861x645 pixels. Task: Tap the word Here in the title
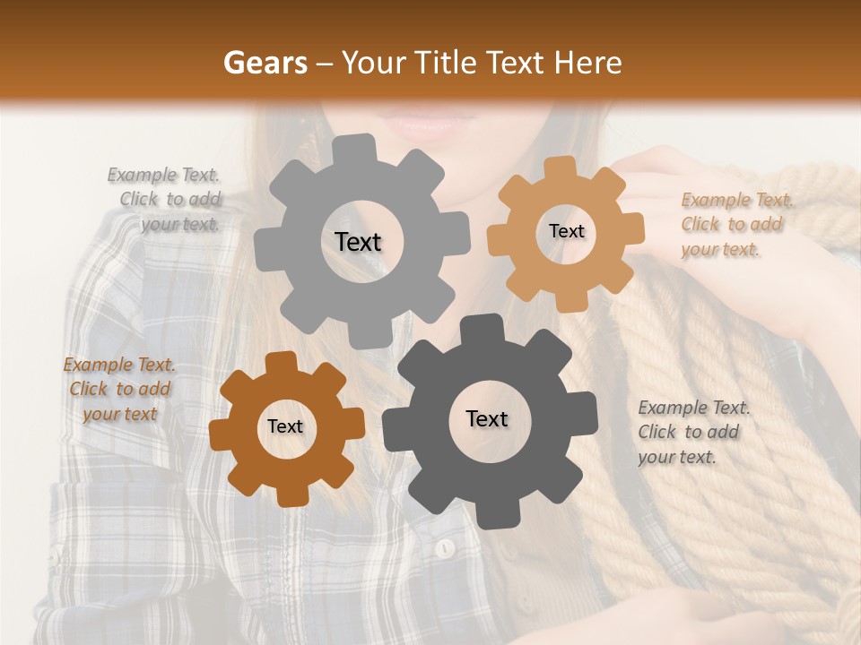pyautogui.click(x=587, y=63)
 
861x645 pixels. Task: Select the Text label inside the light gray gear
pyautogui.click(x=358, y=242)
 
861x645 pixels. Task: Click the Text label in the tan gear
pyautogui.click(x=566, y=231)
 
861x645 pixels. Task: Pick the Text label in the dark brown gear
pyautogui.click(x=285, y=427)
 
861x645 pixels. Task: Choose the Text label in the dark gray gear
pyautogui.click(x=487, y=418)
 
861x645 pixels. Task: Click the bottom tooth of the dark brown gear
pyautogui.click(x=290, y=495)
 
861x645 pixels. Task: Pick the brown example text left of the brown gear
pyautogui.click(x=119, y=389)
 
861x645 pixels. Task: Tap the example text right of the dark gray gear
pyautogui.click(x=692, y=432)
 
